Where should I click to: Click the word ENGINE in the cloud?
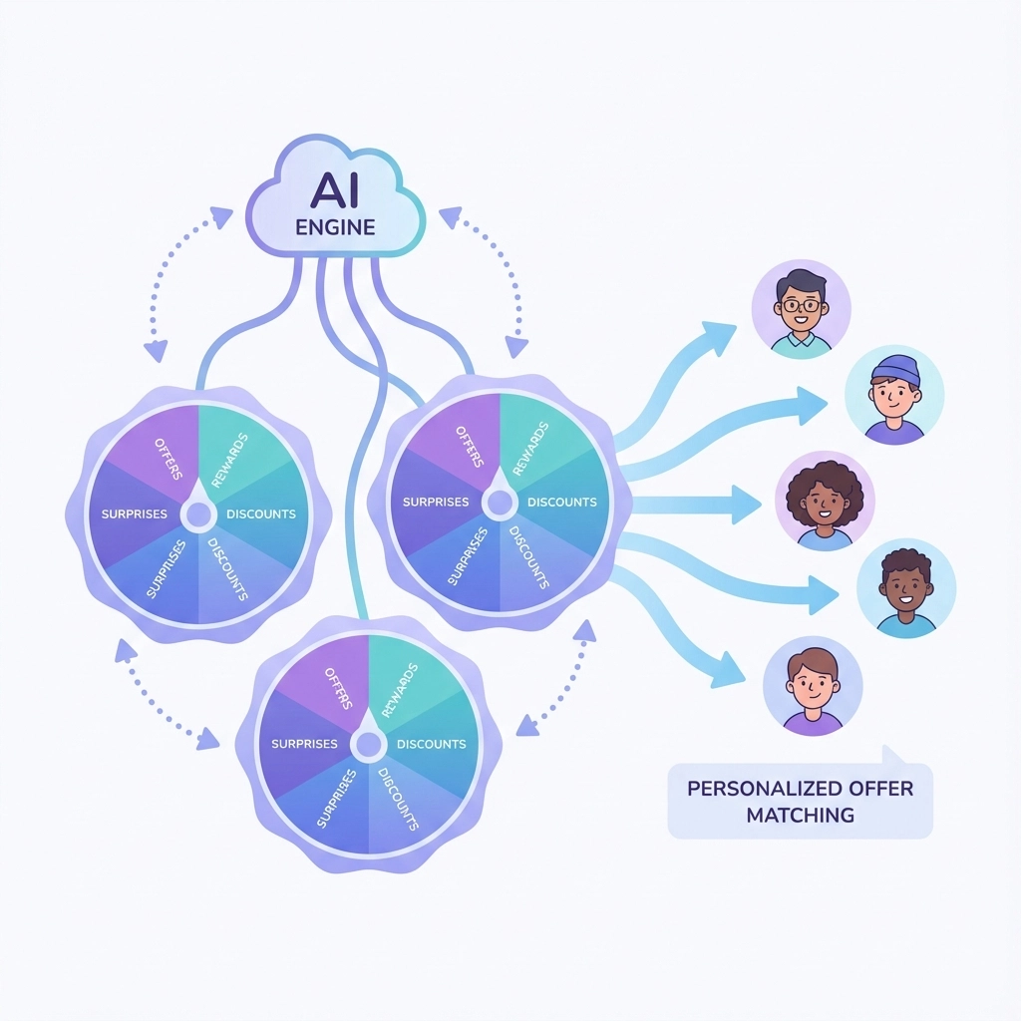pyautogui.click(x=335, y=227)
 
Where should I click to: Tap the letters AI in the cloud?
pyautogui.click(x=335, y=188)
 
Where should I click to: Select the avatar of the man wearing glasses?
pyautogui.click(x=802, y=308)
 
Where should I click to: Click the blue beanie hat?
pyautogui.click(x=894, y=370)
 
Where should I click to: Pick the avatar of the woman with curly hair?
pyautogui.click(x=825, y=500)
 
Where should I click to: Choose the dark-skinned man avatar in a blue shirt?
pyautogui.click(x=906, y=588)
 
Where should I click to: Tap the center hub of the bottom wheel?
pyautogui.click(x=368, y=744)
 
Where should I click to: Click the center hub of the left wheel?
pyautogui.click(x=197, y=514)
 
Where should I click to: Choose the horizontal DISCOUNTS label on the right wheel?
pyautogui.click(x=561, y=503)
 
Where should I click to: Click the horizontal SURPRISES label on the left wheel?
pyautogui.click(x=135, y=514)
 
